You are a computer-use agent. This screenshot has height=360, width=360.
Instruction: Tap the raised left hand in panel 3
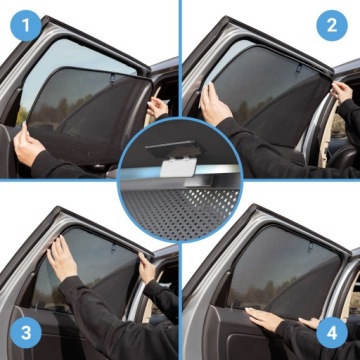pyautogui.click(x=63, y=259)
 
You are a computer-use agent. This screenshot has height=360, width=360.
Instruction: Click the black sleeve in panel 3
pyautogui.click(x=100, y=320)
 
